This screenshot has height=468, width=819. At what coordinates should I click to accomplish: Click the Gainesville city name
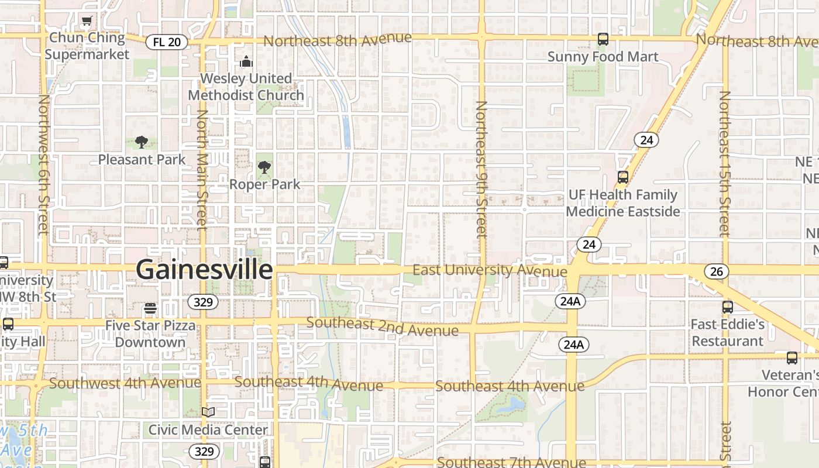[204, 270]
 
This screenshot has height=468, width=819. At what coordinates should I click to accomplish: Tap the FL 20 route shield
[167, 42]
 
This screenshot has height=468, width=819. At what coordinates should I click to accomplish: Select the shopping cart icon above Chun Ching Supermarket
[87, 22]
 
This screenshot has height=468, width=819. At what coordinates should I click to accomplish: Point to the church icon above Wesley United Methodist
[246, 61]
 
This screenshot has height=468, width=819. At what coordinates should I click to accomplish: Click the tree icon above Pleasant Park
[141, 142]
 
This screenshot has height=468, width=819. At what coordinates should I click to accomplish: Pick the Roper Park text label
[264, 184]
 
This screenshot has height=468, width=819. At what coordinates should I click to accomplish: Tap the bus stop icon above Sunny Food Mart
[603, 40]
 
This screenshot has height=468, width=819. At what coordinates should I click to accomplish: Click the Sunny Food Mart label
[603, 57]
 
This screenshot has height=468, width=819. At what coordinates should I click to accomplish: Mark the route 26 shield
[716, 271]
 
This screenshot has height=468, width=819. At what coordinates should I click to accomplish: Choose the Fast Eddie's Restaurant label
[727, 332]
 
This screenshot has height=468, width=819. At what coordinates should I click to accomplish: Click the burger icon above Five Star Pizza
[150, 308]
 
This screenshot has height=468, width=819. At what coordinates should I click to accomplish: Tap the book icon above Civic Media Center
[208, 412]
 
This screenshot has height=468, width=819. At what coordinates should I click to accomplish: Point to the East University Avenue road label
[490, 270]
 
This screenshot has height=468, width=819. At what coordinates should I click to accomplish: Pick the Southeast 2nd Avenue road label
[382, 326]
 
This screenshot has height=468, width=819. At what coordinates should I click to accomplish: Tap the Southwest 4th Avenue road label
[125, 383]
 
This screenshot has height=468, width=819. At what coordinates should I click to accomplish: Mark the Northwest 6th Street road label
[43, 164]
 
